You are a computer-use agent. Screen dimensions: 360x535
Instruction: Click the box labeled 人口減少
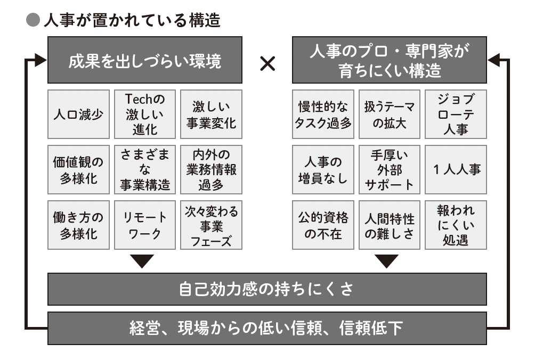coord(78,114)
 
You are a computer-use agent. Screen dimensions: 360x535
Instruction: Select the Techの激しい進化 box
coord(145,114)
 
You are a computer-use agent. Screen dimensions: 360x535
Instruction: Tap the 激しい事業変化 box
coord(211,114)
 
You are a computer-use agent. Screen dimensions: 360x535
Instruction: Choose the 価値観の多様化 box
coord(78,169)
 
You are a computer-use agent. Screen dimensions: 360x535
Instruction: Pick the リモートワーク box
coord(145,225)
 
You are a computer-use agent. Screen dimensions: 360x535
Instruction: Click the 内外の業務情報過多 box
coord(211,169)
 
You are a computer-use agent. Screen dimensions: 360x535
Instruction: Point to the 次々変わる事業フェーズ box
coord(211,225)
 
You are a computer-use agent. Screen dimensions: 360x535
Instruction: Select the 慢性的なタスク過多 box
coord(323,114)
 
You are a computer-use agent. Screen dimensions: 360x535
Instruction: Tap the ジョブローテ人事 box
coord(456,114)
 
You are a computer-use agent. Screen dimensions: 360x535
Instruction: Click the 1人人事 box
coord(456,169)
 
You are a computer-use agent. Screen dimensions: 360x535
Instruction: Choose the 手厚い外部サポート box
coord(390,169)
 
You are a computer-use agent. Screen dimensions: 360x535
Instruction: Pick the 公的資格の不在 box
coord(323,225)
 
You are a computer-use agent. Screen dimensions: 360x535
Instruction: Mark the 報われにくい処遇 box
coord(456,225)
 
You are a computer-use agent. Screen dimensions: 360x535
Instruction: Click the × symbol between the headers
coord(267,64)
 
